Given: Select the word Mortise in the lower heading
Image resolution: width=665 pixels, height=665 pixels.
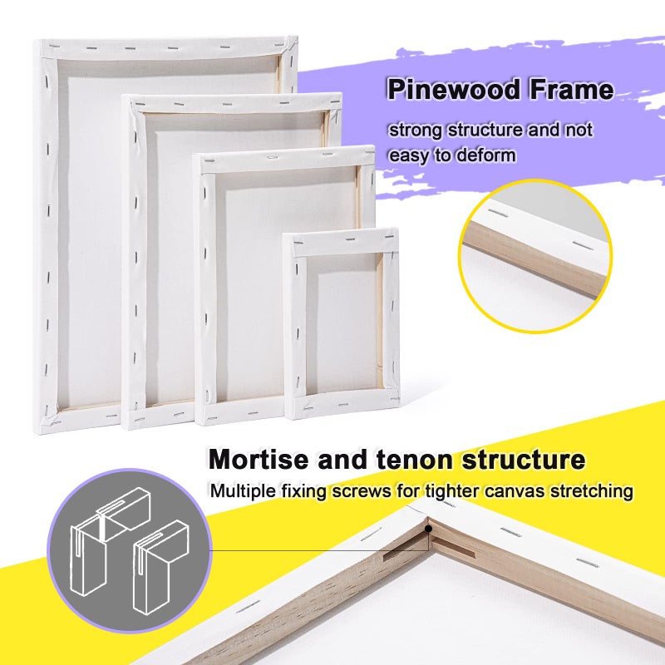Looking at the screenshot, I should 259,460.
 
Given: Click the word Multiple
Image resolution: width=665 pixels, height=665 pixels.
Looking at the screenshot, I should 241,491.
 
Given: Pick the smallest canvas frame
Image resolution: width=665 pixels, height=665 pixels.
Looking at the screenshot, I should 341,324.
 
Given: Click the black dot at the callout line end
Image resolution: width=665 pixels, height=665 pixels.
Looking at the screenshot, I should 429,526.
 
